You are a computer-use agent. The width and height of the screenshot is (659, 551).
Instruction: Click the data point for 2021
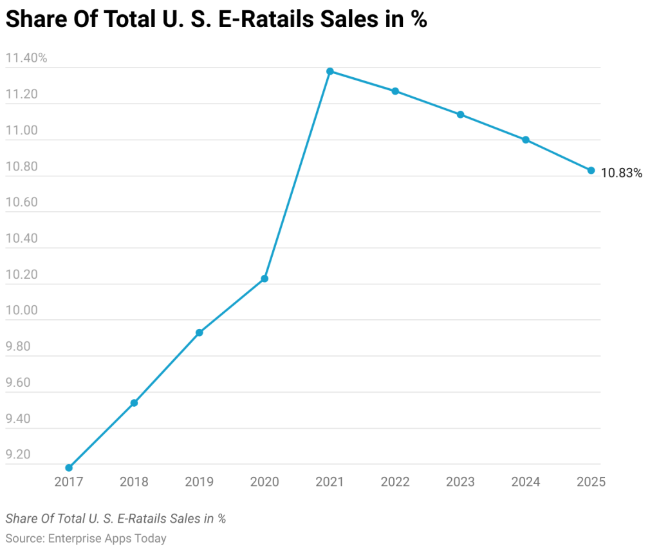coord(330,71)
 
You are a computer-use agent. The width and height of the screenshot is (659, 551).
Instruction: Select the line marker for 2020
coord(265,279)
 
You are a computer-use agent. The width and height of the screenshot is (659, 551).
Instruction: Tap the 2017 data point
coord(69,468)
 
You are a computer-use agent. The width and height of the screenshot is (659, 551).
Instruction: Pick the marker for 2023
coord(460,115)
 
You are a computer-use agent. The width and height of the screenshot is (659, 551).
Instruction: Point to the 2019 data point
coord(200,333)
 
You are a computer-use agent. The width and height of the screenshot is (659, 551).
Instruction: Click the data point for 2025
coord(591,171)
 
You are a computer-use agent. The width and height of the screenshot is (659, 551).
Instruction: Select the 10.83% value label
coord(621,173)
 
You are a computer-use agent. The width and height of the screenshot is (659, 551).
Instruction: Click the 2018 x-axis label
coord(134,482)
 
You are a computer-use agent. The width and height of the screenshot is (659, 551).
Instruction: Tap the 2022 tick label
coord(395,482)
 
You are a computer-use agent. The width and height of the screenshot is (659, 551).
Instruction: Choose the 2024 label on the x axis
coord(525,482)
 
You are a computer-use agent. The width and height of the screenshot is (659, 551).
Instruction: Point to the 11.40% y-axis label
coord(26,59)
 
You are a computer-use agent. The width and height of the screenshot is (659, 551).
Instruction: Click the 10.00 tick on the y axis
coord(23,311)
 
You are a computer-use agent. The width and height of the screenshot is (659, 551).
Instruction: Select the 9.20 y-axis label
coord(18,454)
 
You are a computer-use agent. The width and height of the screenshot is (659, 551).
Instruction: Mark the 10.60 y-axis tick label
coord(23,203)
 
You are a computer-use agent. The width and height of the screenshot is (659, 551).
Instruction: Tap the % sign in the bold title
coord(420,20)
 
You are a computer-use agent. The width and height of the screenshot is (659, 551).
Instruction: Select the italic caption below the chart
coord(116,519)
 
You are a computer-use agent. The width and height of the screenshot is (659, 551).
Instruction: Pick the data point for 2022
coord(395,91)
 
